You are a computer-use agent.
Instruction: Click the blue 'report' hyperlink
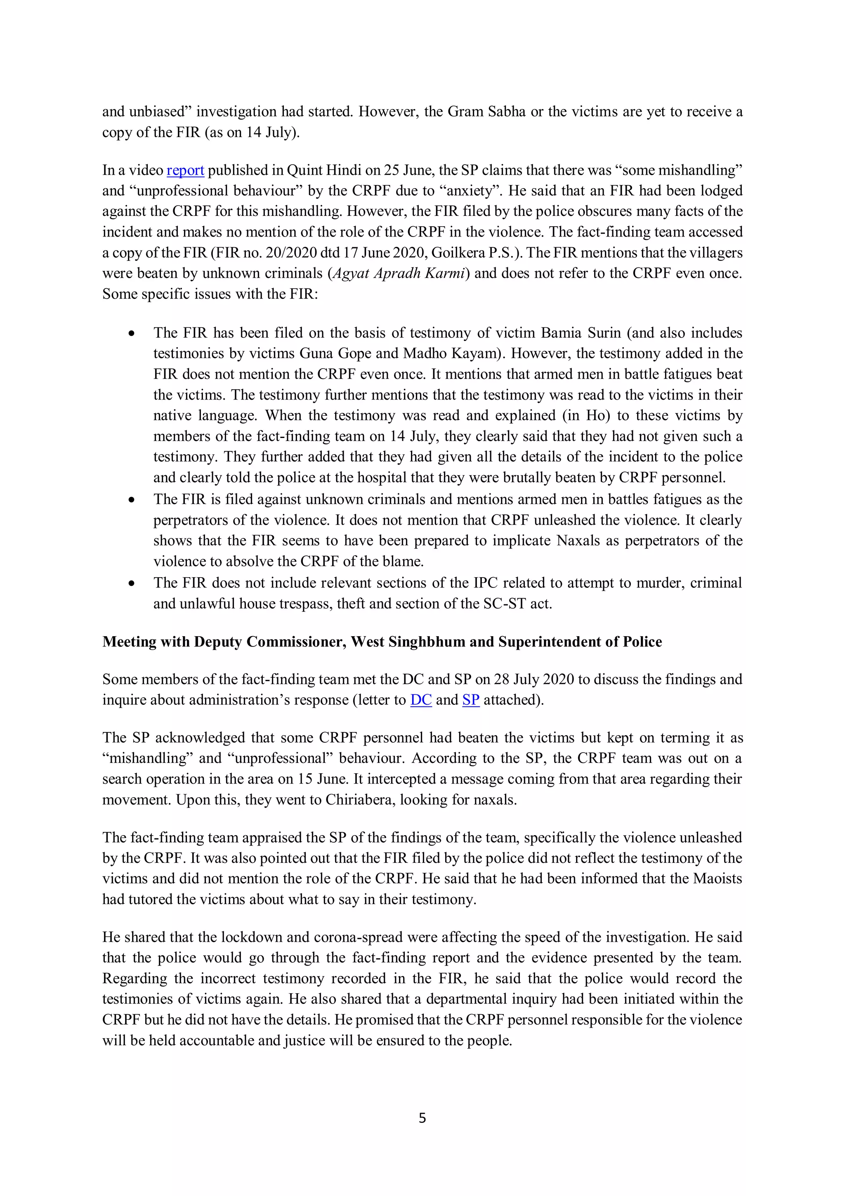coord(185,171)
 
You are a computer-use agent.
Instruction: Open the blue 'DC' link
coord(421,700)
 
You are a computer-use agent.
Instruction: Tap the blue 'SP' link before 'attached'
coord(471,700)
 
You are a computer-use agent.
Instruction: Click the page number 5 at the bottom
coord(422,1118)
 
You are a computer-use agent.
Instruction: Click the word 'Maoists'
coord(717,878)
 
